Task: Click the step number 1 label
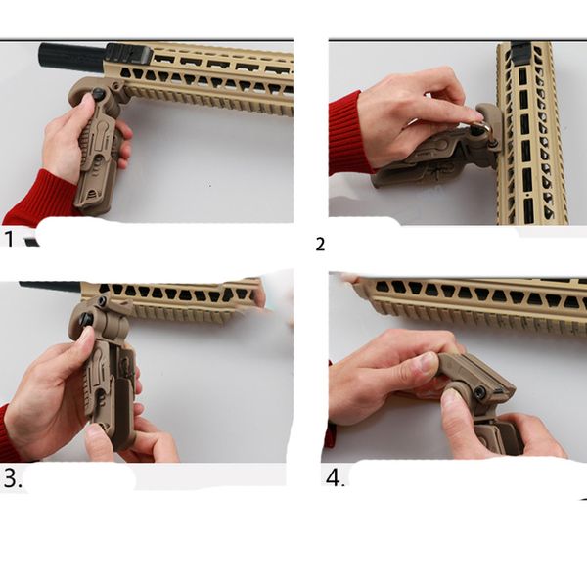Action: (x=11, y=238)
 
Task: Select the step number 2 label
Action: (x=320, y=245)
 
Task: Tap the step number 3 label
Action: (x=11, y=479)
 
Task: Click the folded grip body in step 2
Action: (x=421, y=166)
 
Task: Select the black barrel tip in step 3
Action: (x=49, y=287)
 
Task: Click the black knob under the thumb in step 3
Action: (x=86, y=319)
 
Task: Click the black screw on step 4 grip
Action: (x=480, y=394)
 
